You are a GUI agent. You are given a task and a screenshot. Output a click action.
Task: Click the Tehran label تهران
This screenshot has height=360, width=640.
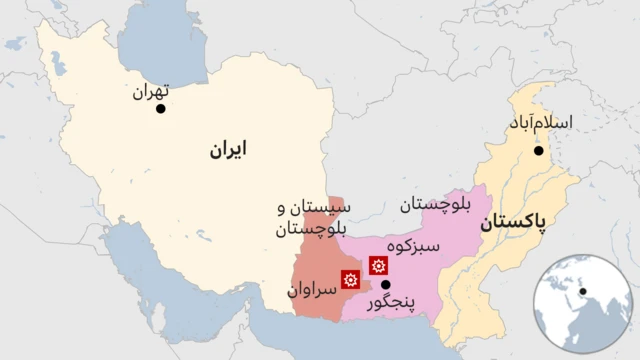[x=146, y=91]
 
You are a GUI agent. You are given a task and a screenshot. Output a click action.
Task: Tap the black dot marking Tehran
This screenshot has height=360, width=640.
[x=161, y=107]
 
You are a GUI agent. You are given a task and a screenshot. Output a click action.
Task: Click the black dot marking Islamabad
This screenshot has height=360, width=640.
[x=539, y=151]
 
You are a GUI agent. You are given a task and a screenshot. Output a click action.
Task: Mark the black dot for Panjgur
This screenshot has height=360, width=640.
[x=386, y=284]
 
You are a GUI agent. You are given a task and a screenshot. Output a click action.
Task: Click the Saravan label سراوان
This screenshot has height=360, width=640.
[x=308, y=291]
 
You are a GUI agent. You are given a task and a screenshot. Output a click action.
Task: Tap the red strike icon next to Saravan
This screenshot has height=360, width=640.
[x=351, y=279]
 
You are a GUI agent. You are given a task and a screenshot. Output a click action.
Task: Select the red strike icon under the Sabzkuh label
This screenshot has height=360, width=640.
[x=378, y=266]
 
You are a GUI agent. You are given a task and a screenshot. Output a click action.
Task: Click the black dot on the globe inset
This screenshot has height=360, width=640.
[x=583, y=292]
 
